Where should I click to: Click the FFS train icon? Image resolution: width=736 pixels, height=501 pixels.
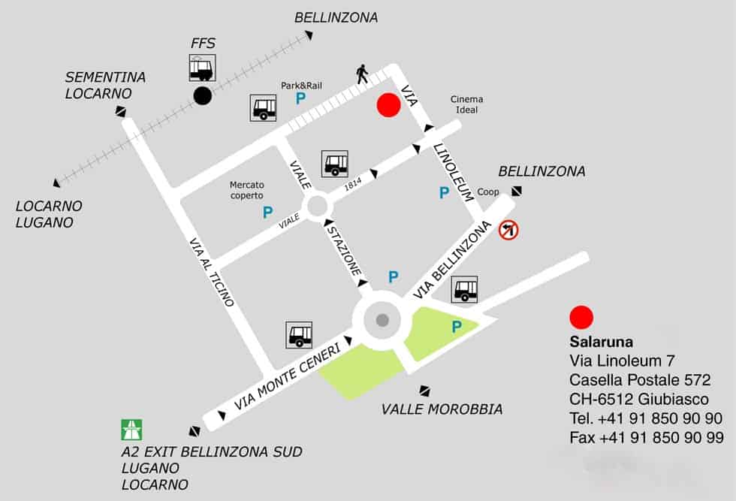[203, 68]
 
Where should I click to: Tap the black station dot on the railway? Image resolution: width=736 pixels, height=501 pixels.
[202, 95]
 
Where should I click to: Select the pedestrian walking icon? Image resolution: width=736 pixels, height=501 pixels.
[363, 74]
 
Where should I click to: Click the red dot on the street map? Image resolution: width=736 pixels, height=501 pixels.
[388, 105]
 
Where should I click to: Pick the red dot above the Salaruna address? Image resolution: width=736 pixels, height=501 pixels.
[581, 318]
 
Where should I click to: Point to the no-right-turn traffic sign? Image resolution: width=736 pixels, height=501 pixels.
[508, 230]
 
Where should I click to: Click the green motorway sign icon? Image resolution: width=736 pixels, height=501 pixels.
[131, 430]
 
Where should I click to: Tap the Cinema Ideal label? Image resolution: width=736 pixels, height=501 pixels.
[466, 104]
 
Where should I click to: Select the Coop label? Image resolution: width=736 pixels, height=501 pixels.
[488, 192]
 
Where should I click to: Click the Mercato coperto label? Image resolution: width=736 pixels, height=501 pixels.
[247, 190]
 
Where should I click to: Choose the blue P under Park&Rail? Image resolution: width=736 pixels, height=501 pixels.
[300, 99]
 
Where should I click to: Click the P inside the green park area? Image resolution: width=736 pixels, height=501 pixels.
[456, 327]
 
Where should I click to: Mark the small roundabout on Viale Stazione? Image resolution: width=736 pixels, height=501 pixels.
[316, 206]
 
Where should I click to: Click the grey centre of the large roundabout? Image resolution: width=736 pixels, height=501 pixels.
[382, 321]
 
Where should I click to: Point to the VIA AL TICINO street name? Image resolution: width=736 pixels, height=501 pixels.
[212, 271]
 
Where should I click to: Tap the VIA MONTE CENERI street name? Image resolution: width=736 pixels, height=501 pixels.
[287, 376]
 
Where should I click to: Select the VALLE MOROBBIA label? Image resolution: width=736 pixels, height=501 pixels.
[442, 409]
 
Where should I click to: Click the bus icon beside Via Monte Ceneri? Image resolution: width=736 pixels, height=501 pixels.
[299, 335]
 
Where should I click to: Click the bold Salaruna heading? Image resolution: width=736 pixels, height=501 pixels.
[602, 342]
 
